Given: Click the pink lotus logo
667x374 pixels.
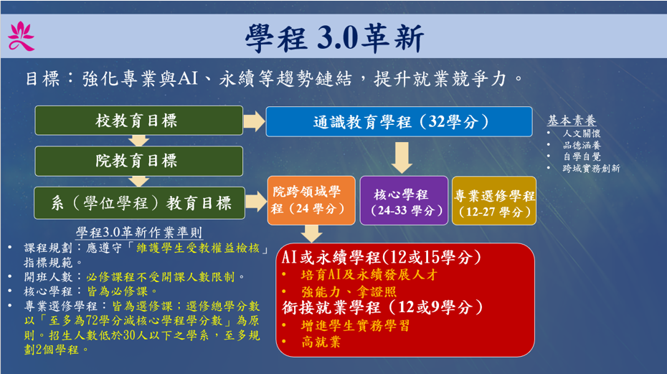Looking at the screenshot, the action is click(x=21, y=37).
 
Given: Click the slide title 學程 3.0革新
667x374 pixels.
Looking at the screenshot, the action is click(x=334, y=38).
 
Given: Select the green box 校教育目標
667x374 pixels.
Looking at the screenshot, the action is click(x=138, y=121).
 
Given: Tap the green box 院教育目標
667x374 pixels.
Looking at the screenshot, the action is click(x=138, y=161).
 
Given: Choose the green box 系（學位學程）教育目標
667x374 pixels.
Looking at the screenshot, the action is click(x=140, y=203).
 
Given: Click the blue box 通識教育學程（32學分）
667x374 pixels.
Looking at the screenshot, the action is click(x=399, y=122).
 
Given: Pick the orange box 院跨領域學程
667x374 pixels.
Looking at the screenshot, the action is click(x=311, y=200).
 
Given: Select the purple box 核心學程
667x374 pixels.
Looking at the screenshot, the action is click(x=404, y=200).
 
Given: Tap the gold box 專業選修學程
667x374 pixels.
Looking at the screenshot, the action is click(x=494, y=200).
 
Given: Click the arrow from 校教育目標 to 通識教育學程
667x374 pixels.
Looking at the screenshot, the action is click(x=254, y=121).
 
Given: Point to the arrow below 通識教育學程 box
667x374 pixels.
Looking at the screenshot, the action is click(x=401, y=158).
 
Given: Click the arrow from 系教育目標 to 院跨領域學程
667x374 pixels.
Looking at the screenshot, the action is click(x=256, y=202).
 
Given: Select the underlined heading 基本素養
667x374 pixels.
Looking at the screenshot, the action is click(x=572, y=121).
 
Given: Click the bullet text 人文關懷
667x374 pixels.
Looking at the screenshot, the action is click(x=582, y=134).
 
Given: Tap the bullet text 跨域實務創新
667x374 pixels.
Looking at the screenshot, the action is click(x=591, y=168).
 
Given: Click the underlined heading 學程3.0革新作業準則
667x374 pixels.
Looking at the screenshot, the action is click(x=139, y=233).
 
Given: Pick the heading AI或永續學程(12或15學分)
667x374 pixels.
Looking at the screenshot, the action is click(x=381, y=257).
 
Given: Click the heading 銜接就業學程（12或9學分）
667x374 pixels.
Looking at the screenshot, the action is click(x=382, y=307).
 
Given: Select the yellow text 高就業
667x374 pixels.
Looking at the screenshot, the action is click(x=321, y=342).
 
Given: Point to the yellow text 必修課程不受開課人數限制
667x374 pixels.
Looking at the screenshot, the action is click(x=161, y=277).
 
